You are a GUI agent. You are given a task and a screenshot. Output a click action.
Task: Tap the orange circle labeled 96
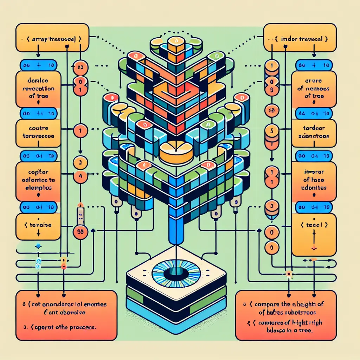80,232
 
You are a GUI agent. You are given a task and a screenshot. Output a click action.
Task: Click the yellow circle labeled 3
80,163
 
